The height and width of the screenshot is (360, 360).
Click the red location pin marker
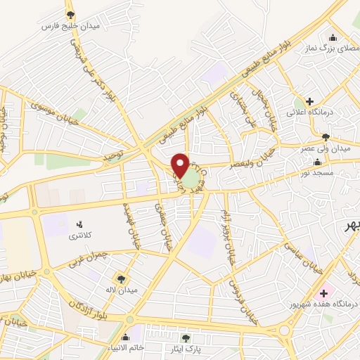tap(180, 165)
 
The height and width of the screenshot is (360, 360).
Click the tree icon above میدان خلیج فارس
tap(70, 14)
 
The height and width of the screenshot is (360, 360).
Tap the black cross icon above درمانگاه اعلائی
tap(309, 101)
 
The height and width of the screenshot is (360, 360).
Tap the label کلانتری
tap(79, 236)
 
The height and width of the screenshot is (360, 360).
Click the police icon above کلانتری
tap(79, 225)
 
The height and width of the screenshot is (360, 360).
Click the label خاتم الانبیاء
tap(127, 347)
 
